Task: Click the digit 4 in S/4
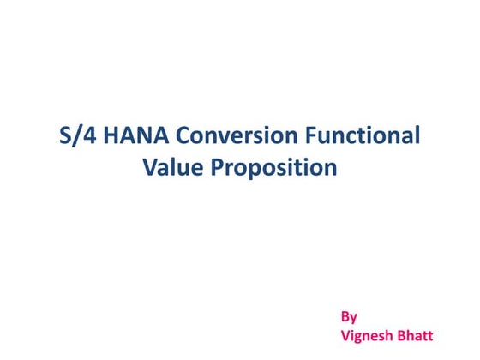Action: coord(83,135)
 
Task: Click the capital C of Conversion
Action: coord(175,135)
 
